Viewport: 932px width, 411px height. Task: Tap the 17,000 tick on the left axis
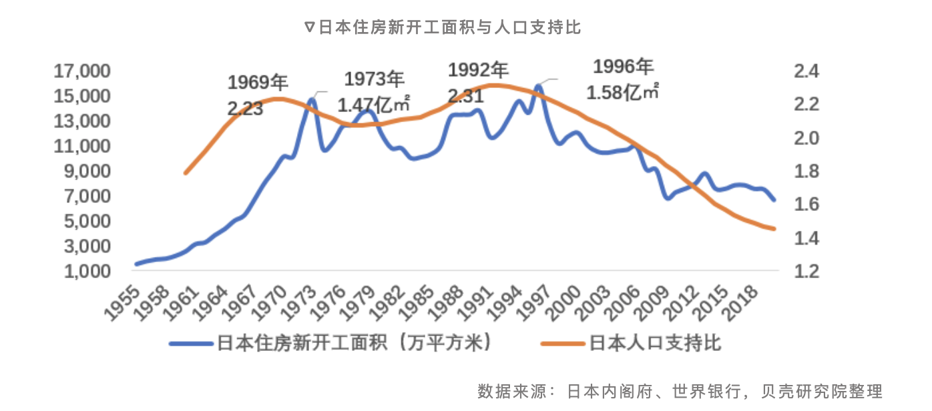[x=84, y=71]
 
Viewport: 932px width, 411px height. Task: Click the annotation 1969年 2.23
[x=257, y=95]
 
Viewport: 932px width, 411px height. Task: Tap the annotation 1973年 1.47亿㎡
[x=374, y=91]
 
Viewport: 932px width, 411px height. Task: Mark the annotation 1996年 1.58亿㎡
[x=623, y=79]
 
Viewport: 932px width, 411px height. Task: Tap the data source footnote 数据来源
[x=680, y=391]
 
